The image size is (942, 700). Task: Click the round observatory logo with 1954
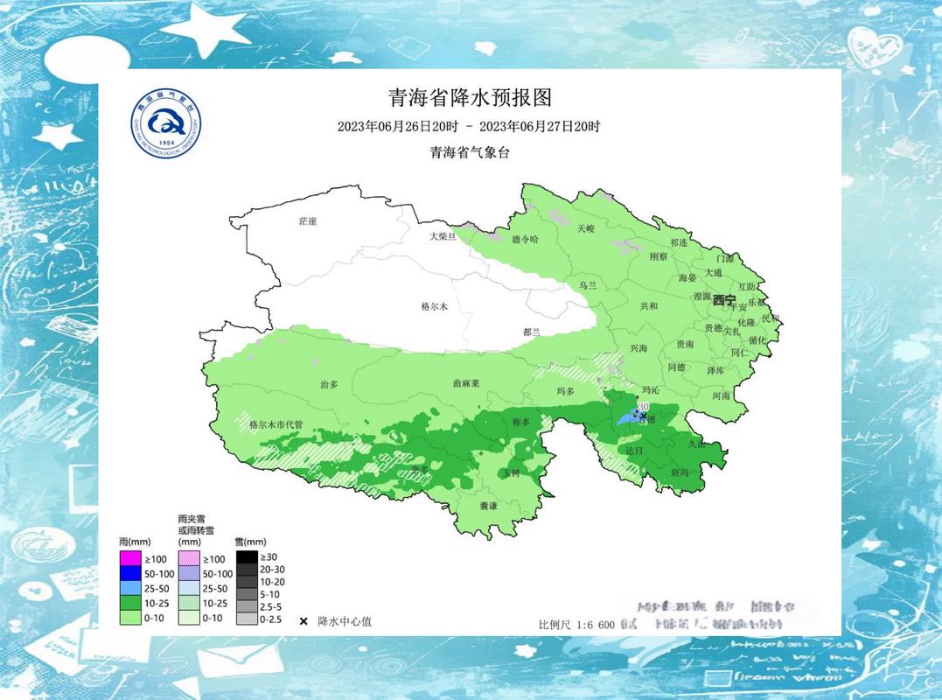166,124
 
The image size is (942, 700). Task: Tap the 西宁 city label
724,300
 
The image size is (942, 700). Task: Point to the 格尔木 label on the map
434,306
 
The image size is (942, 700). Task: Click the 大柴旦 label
443,237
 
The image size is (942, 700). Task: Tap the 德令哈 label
525,239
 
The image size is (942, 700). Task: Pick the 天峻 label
585,228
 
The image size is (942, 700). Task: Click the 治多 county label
329,384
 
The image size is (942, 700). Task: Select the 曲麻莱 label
466,383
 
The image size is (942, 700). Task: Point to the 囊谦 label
488,506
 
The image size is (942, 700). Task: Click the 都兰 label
532,332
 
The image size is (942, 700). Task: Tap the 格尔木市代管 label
276,424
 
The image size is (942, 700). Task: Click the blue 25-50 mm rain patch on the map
628,418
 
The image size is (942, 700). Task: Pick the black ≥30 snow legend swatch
246,556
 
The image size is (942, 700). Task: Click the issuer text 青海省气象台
469,152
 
